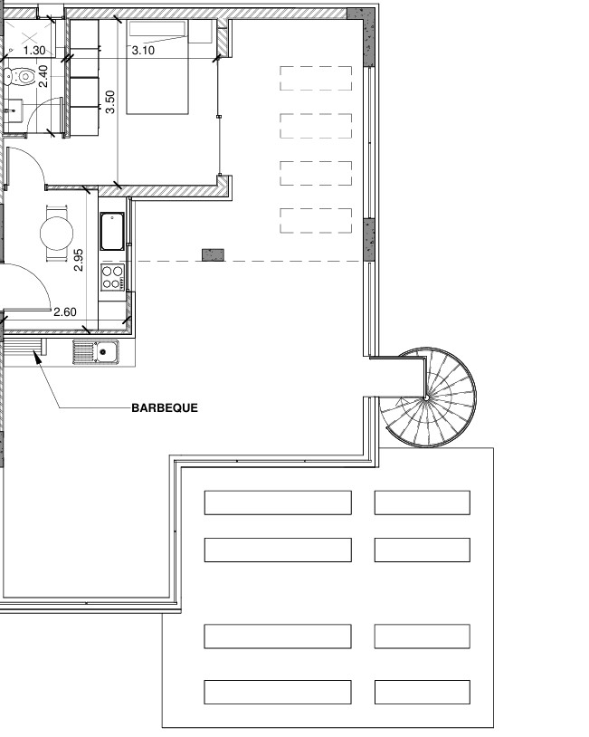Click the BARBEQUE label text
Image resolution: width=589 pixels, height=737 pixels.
pyautogui.click(x=165, y=407)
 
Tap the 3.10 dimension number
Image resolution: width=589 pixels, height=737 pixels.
pyautogui.click(x=143, y=51)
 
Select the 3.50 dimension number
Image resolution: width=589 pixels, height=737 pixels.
pyautogui.click(x=109, y=102)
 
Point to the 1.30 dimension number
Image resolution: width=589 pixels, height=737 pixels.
pyautogui.click(x=34, y=51)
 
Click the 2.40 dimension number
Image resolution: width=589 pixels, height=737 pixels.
pyautogui.click(x=43, y=76)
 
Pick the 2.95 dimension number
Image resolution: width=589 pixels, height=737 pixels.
pyautogui.click(x=79, y=260)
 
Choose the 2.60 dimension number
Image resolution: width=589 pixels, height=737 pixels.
pyautogui.click(x=65, y=311)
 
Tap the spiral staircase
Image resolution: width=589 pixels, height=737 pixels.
pyautogui.click(x=427, y=397)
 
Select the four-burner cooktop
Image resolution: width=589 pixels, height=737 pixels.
pyautogui.click(x=113, y=277)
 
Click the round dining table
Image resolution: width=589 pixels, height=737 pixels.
pyautogui.click(x=57, y=233)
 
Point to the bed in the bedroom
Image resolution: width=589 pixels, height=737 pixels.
pyautogui.click(x=157, y=67)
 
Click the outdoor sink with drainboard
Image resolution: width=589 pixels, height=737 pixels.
pyautogui.click(x=96, y=352)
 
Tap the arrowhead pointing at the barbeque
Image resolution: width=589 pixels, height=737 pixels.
pyautogui.click(x=36, y=357)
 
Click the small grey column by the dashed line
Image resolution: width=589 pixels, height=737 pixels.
pyautogui.click(x=213, y=255)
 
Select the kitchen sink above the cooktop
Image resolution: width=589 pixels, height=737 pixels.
pyautogui.click(x=112, y=231)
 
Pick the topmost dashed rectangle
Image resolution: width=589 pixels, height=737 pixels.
pyautogui.click(x=316, y=78)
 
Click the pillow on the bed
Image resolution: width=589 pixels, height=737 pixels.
pyautogui.click(x=157, y=29)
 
